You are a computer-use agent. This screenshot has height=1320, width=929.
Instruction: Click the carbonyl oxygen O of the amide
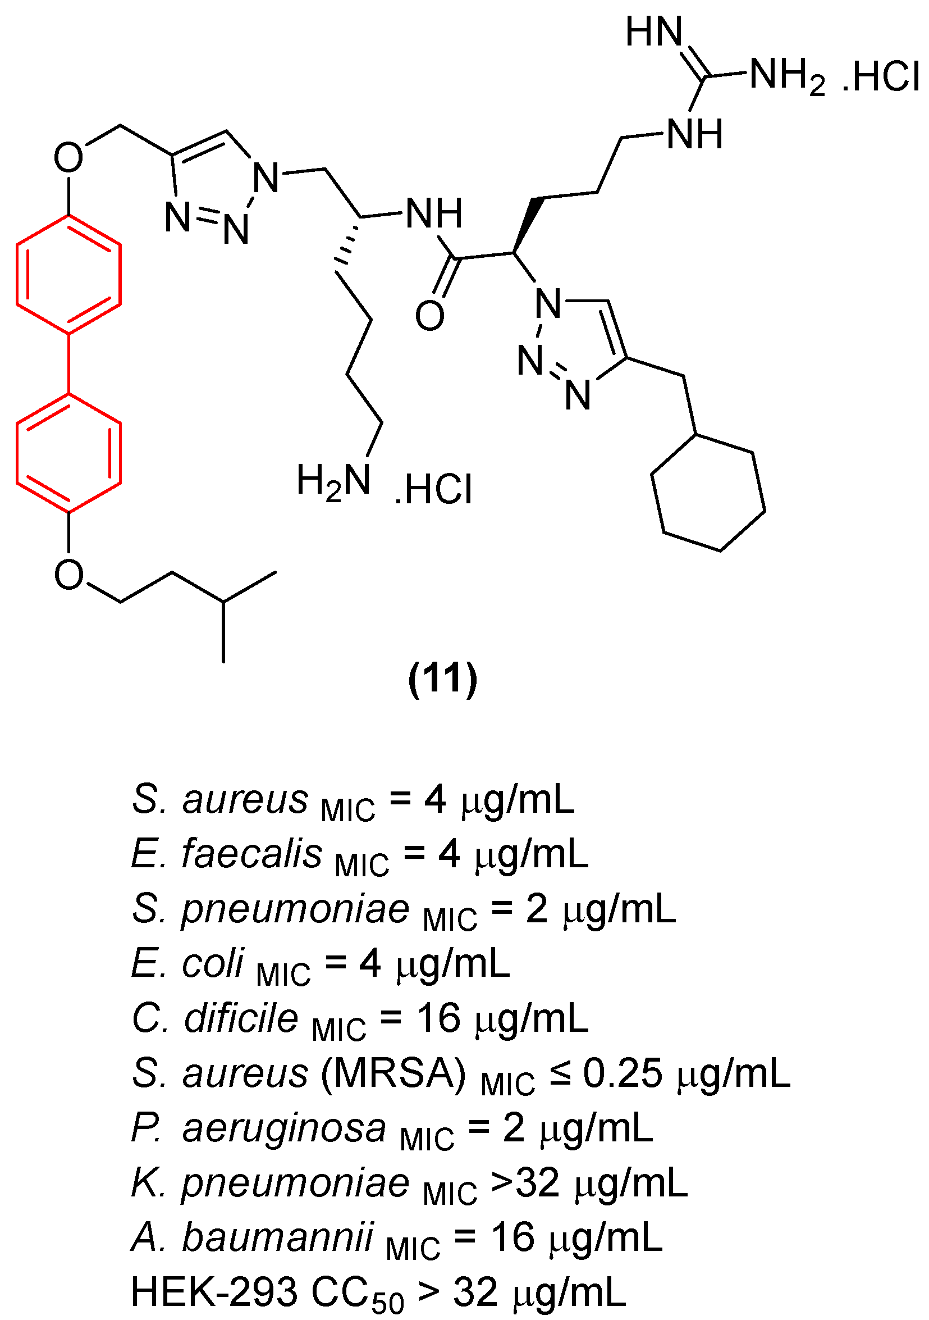[x=430, y=316]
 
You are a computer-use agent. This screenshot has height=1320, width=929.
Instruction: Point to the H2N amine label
[x=333, y=482]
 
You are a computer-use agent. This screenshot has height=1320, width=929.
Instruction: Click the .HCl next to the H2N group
[x=434, y=490]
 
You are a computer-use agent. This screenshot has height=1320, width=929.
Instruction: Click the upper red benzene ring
[x=68, y=274]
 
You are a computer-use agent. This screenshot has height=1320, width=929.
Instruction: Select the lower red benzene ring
[x=68, y=453]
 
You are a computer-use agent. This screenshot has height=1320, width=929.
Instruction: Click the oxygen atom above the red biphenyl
[x=68, y=157]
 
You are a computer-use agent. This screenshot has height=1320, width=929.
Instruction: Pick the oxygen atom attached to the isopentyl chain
[x=69, y=574]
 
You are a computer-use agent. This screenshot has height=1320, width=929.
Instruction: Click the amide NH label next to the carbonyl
[x=434, y=213]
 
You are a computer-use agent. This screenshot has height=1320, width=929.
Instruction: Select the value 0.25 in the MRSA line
[x=622, y=1073]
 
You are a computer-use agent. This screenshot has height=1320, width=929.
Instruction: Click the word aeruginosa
[x=284, y=1127]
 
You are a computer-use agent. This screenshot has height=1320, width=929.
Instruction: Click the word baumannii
[x=277, y=1237]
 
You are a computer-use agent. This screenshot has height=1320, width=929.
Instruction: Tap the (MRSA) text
[x=393, y=1073]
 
